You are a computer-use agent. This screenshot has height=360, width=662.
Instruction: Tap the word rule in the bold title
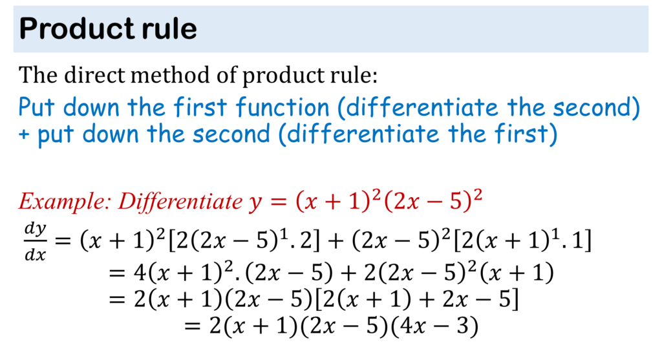pyautogui.click(x=169, y=28)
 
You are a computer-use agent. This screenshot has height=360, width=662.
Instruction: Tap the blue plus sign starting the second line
pyautogui.click(x=24, y=134)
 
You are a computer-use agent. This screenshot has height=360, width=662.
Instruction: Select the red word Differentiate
pyautogui.click(x=180, y=201)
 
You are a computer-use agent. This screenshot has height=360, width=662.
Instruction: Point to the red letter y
pyautogui.click(x=255, y=203)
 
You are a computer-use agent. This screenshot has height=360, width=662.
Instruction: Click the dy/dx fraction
pyautogui.click(x=35, y=242)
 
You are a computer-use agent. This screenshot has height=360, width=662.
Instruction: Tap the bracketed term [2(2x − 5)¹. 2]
pyautogui.click(x=244, y=240)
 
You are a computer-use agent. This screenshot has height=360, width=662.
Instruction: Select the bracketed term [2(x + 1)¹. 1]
pyautogui.click(x=522, y=240)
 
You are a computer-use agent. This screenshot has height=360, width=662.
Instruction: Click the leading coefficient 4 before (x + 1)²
pyautogui.click(x=140, y=273)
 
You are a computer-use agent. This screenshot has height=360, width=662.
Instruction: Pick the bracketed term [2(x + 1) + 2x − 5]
pyautogui.click(x=416, y=299)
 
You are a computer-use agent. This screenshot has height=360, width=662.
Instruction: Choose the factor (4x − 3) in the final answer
pyautogui.click(x=434, y=326)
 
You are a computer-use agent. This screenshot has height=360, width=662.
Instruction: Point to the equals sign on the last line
pyautogui.click(x=192, y=326)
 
